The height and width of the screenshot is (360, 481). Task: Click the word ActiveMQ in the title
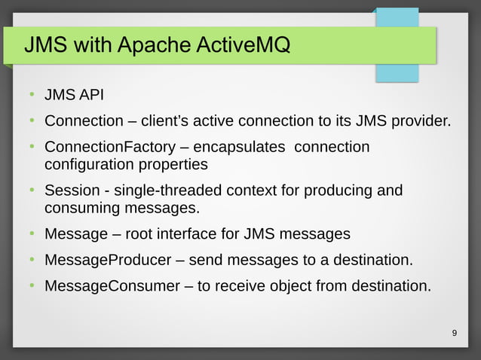(x=244, y=45)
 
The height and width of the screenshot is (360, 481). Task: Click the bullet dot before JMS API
(x=32, y=95)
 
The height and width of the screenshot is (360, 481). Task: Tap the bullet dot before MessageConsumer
(x=32, y=286)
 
